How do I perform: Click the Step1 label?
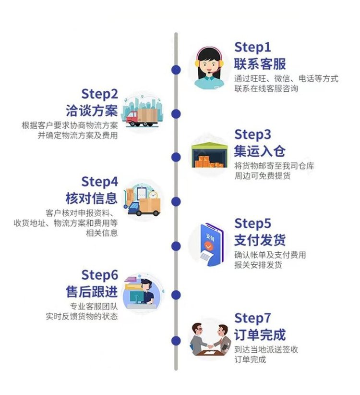tap(252, 48)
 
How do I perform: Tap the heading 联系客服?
tap(260, 63)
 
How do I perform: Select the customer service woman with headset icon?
tap(209, 68)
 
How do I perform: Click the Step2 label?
tap(99, 94)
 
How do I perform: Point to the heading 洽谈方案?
tap(92, 110)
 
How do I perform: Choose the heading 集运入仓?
tap(260, 151)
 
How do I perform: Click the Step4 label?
tap(99, 182)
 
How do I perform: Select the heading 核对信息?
tap(92, 198)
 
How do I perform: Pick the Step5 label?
tap(252, 223)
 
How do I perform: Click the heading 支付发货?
tap(260, 239)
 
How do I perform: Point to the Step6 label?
tap(99, 275)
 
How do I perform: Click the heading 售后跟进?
tap(92, 291)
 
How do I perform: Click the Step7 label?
tap(253, 318)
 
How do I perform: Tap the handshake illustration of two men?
tap(209, 339)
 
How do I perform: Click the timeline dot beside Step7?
tap(176, 341)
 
